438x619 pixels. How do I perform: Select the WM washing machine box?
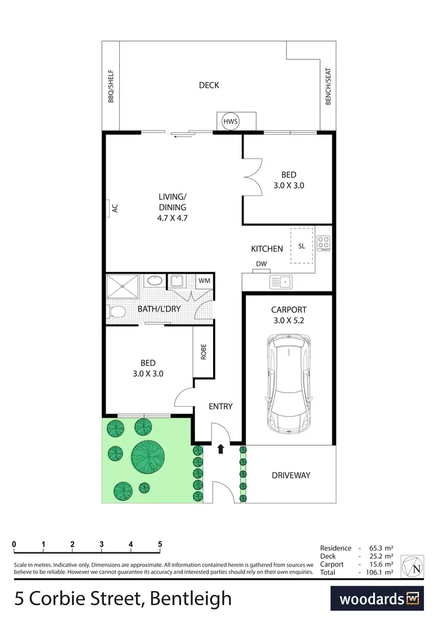[x=204, y=281]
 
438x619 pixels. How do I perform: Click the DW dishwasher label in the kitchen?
[x=261, y=264]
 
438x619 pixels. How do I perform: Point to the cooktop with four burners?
[x=323, y=242]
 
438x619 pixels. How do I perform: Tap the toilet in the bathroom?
[x=116, y=312]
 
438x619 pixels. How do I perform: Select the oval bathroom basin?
[x=155, y=281]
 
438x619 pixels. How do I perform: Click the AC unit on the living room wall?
[x=110, y=208]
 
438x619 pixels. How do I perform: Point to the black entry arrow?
[x=221, y=449]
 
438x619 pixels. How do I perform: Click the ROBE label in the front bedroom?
[x=203, y=351]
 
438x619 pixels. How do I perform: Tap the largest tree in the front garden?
[x=147, y=456]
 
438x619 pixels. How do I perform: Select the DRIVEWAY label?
[x=291, y=475]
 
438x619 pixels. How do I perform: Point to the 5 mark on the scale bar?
[x=160, y=544]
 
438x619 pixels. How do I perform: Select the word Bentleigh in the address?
[x=191, y=598]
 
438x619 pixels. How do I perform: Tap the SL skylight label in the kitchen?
[x=302, y=246]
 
